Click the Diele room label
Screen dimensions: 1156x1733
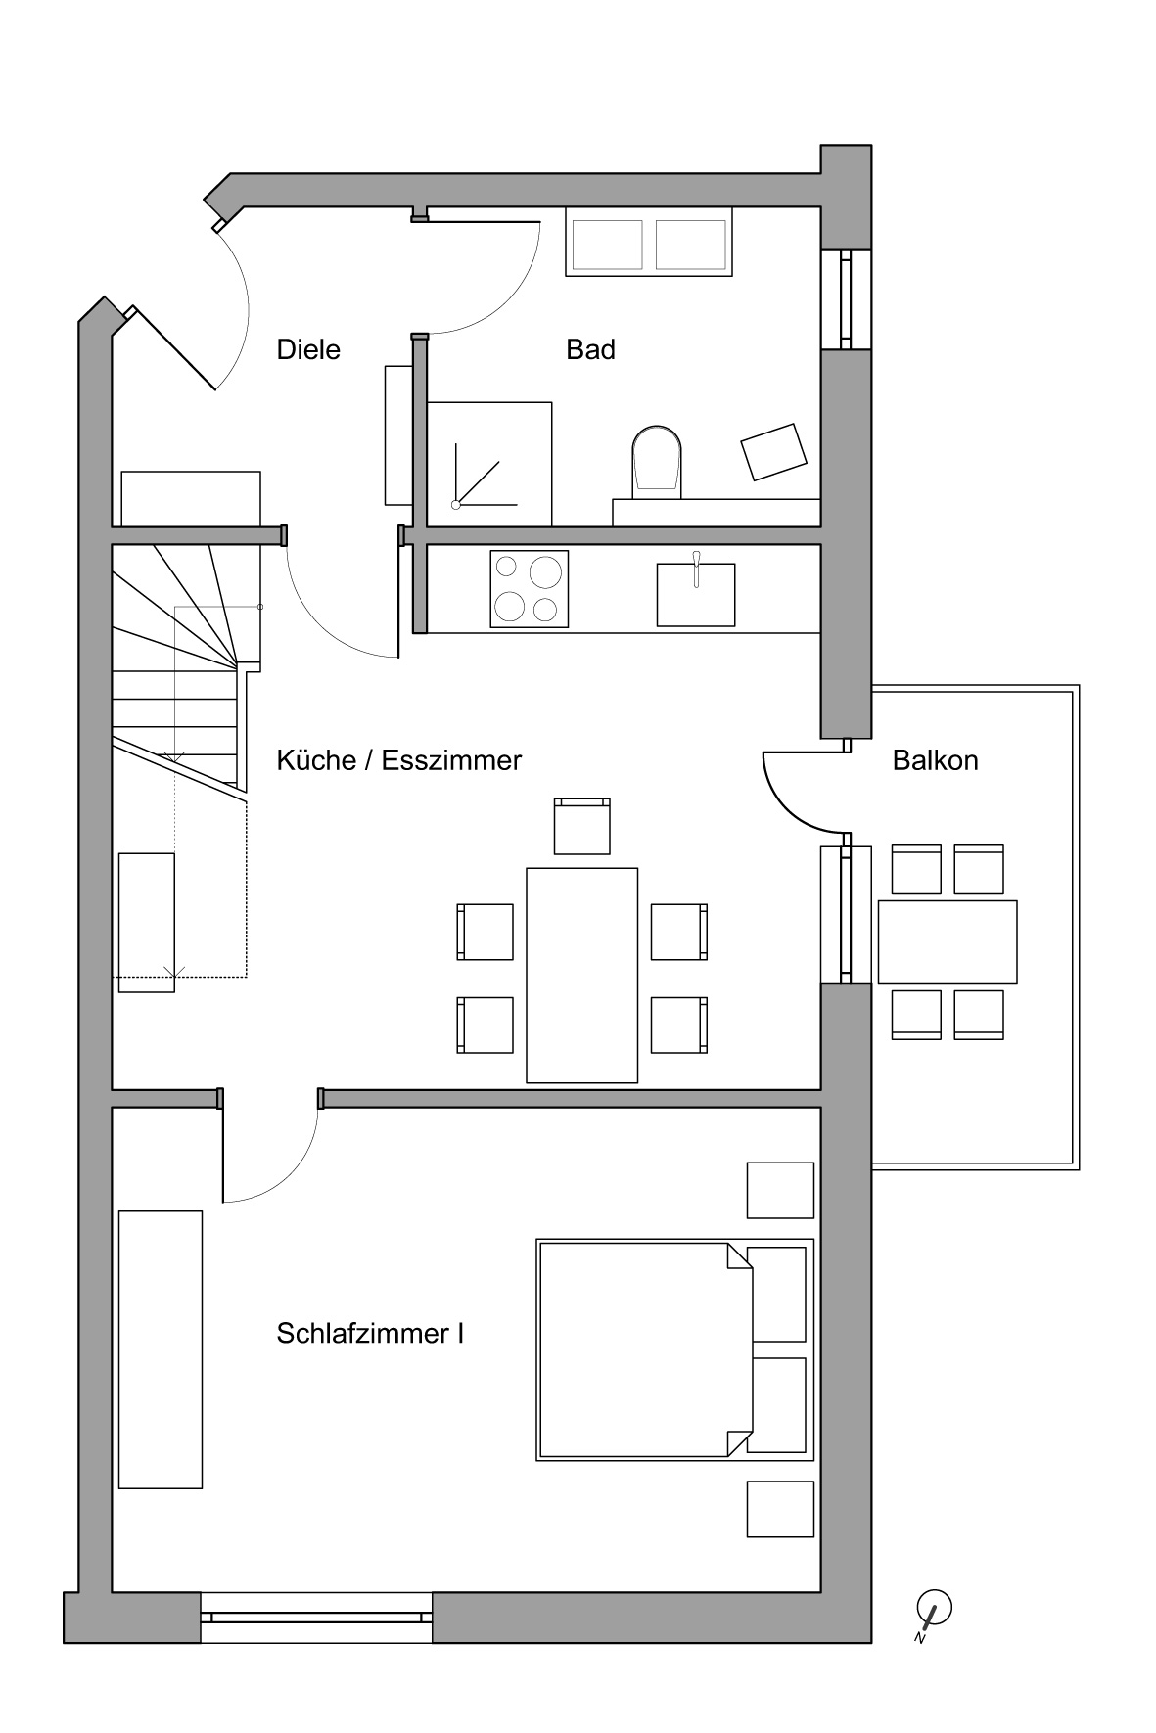tap(308, 349)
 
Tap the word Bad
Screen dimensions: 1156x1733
tap(590, 349)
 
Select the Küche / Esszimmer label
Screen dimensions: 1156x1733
tap(399, 760)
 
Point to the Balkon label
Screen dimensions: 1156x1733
tap(935, 760)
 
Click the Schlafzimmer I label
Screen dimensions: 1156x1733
tap(370, 1334)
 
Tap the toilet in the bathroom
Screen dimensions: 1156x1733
tap(656, 460)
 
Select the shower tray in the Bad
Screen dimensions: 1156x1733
tap(489, 464)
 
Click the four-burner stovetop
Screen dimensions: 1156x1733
tap(529, 588)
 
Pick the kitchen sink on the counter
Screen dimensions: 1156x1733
tap(696, 593)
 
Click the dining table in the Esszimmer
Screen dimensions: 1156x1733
tap(582, 976)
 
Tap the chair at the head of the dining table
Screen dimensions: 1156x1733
tap(582, 826)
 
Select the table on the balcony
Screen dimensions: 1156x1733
tap(948, 941)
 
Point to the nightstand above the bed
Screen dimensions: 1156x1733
tap(780, 1190)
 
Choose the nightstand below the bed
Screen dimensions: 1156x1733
tap(780, 1509)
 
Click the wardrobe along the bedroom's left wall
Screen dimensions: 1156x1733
tap(161, 1349)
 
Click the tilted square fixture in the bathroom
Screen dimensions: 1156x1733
tap(774, 452)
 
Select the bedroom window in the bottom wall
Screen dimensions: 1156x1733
tap(316, 1618)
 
